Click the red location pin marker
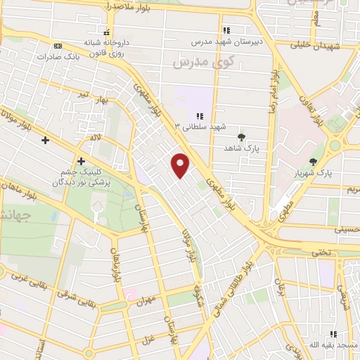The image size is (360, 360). pyautogui.click(x=181, y=165)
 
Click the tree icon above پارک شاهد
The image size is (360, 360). pyautogui.click(x=242, y=137)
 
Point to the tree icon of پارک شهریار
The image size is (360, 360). pyautogui.click(x=313, y=162)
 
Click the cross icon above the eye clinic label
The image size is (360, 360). pyautogui.click(x=82, y=161)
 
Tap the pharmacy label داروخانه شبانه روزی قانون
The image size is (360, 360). pyautogui.click(x=106, y=46)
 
